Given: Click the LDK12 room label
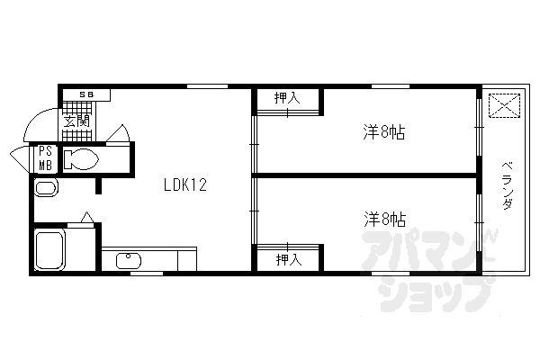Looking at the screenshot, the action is pyautogui.click(x=185, y=186).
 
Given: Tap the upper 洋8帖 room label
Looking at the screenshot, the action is pyautogui.click(x=383, y=133).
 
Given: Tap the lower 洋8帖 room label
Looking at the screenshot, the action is pyautogui.click(x=384, y=219).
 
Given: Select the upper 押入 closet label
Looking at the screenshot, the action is pyautogui.click(x=287, y=98).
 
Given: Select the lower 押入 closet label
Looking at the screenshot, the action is pyautogui.click(x=287, y=259).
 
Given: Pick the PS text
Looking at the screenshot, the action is pyautogui.click(x=45, y=151).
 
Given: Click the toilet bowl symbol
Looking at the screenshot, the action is pyautogui.click(x=80, y=160).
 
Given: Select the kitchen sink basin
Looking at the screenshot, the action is pyautogui.click(x=129, y=259).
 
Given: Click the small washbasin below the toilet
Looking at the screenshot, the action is pyautogui.click(x=44, y=188).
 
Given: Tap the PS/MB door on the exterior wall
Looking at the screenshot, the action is pyautogui.click(x=20, y=159).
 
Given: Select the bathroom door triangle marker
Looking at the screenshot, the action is pyautogui.click(x=85, y=217).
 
